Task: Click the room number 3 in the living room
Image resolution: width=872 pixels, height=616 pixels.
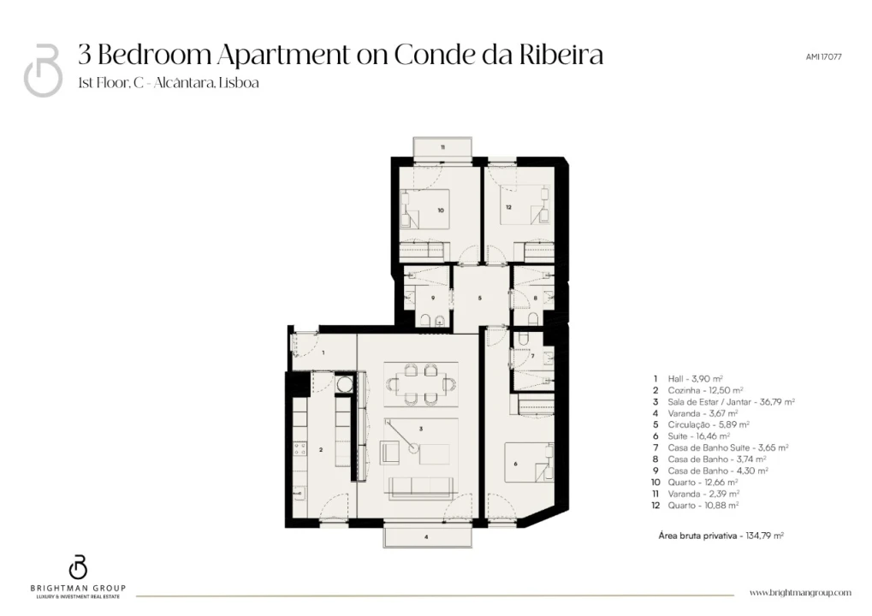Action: [421, 429]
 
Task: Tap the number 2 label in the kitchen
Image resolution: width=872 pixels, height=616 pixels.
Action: [321, 450]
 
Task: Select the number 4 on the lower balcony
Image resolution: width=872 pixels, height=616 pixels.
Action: [426, 537]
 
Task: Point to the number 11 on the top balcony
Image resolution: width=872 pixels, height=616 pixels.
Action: [442, 147]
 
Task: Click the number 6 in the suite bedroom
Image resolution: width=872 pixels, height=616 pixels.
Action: [515, 464]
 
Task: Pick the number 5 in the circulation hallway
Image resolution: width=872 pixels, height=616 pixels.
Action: [480, 298]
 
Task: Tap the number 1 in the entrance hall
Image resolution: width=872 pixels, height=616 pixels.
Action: [323, 353]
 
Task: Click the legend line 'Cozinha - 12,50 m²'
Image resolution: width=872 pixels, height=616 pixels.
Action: [706, 390]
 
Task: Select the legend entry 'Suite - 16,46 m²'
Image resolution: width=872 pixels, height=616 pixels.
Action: [699, 436]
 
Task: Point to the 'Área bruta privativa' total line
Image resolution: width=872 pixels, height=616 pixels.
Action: [721, 536]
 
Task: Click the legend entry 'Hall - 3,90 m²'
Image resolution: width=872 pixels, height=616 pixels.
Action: [695, 379]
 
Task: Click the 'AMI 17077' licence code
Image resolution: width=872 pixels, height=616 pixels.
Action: [823, 56]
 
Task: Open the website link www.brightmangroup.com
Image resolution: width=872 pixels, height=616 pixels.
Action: [800, 593]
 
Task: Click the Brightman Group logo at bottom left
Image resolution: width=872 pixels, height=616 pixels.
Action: [78, 576]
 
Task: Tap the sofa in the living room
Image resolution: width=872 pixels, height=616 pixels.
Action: [423, 487]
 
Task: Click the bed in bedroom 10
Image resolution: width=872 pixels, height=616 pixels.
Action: [425, 210]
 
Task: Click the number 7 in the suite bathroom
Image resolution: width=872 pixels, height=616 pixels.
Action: [532, 356]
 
